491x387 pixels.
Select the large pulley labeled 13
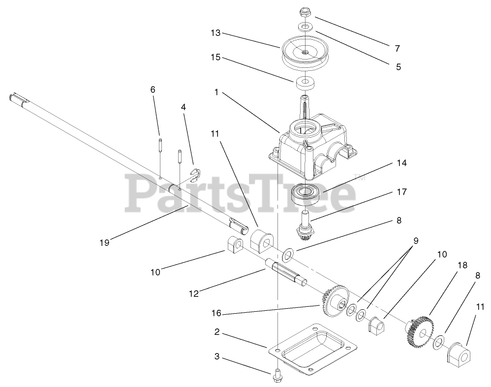[304, 53]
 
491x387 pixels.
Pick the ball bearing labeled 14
[306, 194]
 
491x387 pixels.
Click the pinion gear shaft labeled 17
[306, 226]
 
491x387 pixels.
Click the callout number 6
[153, 89]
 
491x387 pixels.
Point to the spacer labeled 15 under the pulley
[306, 83]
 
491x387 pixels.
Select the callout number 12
[194, 294]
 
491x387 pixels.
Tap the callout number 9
[416, 241]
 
